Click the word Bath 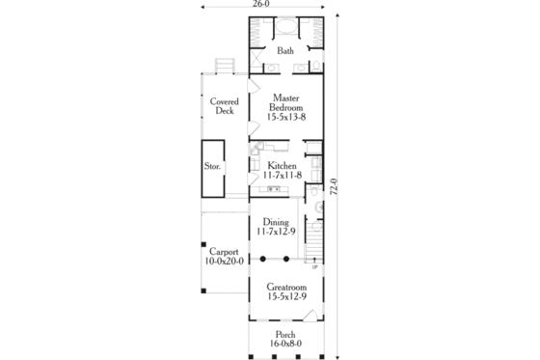(285, 51)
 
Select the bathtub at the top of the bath (285, 27)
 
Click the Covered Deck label (224, 105)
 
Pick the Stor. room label (212, 166)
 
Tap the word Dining (276, 222)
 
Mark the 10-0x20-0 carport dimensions (224, 261)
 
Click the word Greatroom (285, 287)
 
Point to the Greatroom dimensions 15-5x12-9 (285, 297)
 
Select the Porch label (285, 333)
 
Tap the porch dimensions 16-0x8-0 (285, 344)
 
